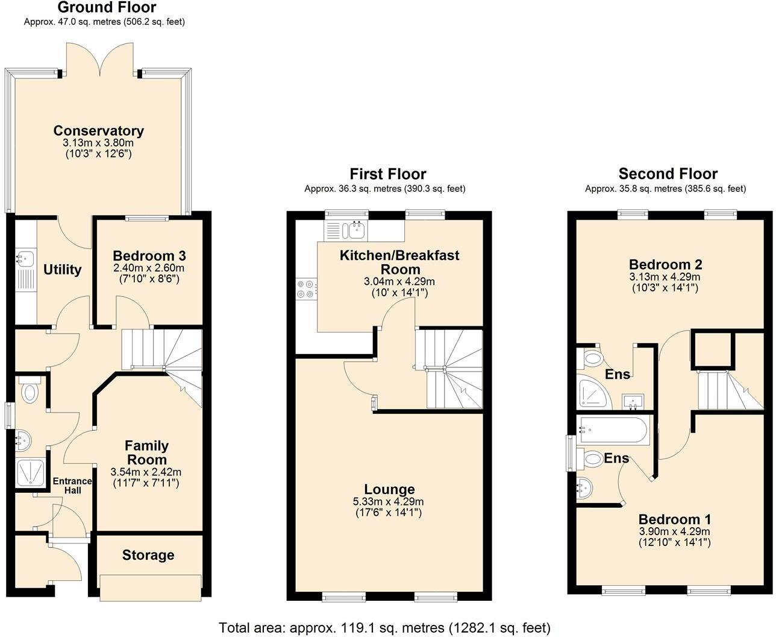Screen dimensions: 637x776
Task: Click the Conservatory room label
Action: pyautogui.click(x=98, y=131)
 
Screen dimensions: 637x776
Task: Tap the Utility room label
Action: pyautogui.click(x=62, y=270)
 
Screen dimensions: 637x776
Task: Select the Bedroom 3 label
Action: pyautogui.click(x=149, y=256)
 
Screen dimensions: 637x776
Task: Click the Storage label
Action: pyautogui.click(x=148, y=555)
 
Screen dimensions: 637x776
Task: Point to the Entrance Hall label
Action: pyautogui.click(x=72, y=486)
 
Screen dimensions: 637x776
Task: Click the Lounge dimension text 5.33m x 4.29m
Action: pyautogui.click(x=388, y=502)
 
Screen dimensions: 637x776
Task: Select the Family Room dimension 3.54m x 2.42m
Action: pyautogui.click(x=146, y=472)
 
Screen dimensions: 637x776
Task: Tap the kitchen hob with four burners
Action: pyautogui.click(x=305, y=289)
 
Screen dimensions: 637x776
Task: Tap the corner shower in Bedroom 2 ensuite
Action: pyautogui.click(x=593, y=393)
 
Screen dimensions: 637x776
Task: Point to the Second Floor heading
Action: pyautogui.click(x=668, y=174)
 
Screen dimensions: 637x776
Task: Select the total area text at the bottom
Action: pyautogui.click(x=384, y=627)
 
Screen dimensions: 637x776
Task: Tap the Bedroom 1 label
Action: pyautogui.click(x=674, y=519)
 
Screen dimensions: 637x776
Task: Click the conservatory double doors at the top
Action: pyautogui.click(x=100, y=60)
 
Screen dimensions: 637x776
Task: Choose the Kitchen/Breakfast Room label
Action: pyautogui.click(x=399, y=262)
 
